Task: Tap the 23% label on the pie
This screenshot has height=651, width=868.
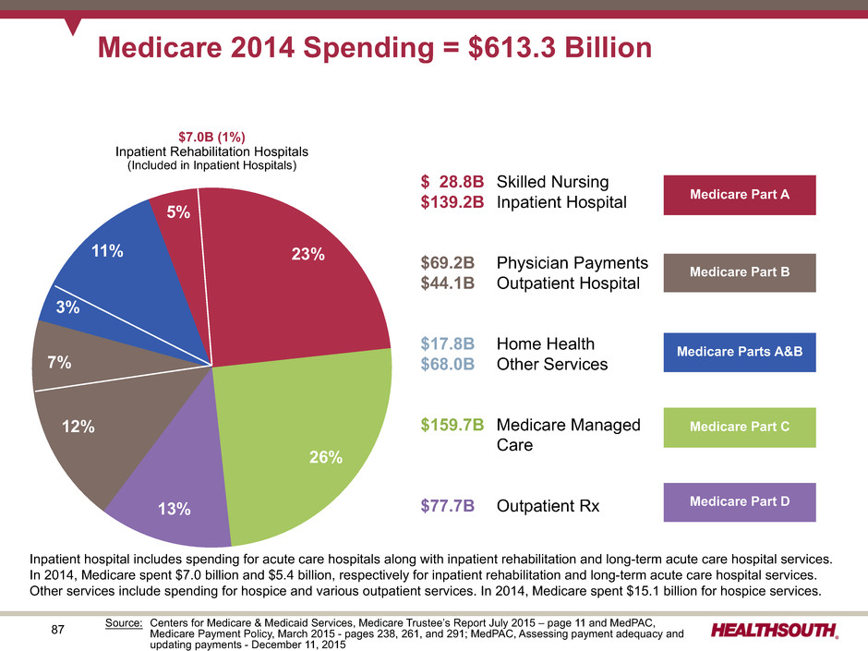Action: coord(307,254)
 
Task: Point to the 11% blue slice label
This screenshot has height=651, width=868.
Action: coord(107,251)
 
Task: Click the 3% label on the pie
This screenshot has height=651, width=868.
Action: coord(67,307)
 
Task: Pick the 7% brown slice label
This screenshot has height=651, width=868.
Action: coord(59,363)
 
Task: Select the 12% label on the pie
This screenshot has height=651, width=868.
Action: coord(78,427)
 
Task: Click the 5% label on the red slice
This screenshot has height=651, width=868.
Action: coord(178,212)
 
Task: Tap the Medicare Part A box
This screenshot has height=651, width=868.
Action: coord(740,195)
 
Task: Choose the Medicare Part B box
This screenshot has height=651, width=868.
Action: coord(740,272)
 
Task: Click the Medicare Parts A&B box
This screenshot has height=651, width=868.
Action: coord(740,352)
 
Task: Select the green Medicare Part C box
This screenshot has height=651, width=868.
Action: coord(740,428)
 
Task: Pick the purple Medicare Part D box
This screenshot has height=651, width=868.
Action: coord(740,502)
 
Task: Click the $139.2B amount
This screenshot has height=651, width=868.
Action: coord(452,202)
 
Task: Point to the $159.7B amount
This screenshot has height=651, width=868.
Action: coord(452,425)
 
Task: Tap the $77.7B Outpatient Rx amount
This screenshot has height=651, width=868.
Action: coord(447,506)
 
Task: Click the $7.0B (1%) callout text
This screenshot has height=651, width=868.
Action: coord(211,137)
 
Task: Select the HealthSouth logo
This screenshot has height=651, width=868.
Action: coord(775,630)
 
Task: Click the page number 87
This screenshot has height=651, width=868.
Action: coord(57,630)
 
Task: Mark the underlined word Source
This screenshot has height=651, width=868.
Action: coord(124,622)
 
